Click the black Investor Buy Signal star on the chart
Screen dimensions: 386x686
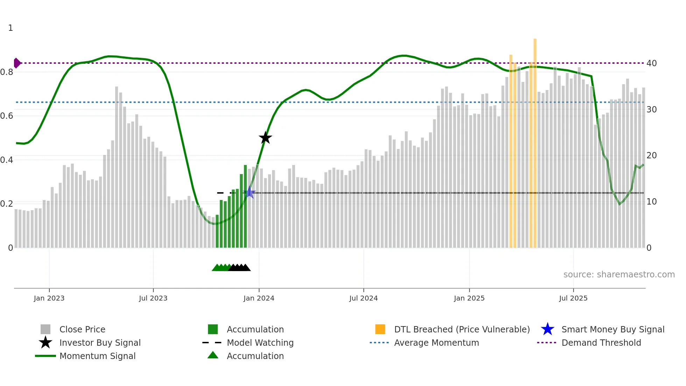click(x=265, y=138)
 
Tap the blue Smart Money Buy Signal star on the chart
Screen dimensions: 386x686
click(x=250, y=192)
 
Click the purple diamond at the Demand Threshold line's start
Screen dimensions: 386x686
click(x=17, y=63)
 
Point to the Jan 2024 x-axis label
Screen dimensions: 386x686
click(x=259, y=298)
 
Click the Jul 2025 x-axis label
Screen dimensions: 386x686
click(x=573, y=298)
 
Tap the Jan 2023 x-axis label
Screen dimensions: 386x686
click(x=49, y=298)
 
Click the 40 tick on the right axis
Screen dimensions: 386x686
click(x=651, y=63)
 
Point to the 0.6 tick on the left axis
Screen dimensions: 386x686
click(x=7, y=116)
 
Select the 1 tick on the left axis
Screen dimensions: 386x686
click(x=10, y=28)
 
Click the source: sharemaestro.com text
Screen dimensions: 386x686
click(x=619, y=275)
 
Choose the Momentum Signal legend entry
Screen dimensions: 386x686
click(x=97, y=356)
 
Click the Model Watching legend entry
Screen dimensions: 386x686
click(x=260, y=343)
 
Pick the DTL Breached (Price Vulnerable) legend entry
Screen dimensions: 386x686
click(x=462, y=329)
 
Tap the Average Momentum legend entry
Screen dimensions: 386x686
click(x=436, y=343)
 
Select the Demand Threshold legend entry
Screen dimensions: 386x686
click(x=601, y=343)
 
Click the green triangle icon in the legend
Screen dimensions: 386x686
click(x=213, y=356)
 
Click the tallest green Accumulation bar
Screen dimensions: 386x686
click(x=245, y=207)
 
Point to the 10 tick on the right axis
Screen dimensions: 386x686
click(x=651, y=202)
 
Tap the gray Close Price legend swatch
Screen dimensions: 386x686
click(x=45, y=329)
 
